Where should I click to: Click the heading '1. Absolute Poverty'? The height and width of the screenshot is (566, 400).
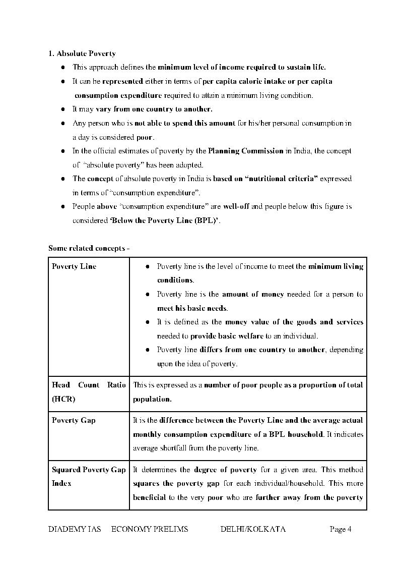click(x=82, y=53)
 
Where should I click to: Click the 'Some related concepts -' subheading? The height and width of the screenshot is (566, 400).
click(x=89, y=248)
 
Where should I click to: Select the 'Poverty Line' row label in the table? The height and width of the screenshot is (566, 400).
click(x=74, y=266)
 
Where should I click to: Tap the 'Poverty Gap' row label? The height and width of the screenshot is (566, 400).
click(x=74, y=420)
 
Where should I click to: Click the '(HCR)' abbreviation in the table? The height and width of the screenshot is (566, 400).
click(x=63, y=399)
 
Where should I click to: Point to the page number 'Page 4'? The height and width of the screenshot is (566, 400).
click(x=340, y=529)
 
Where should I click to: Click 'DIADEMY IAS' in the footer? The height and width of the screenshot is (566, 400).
click(x=75, y=529)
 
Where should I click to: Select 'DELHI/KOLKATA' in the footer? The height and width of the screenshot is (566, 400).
click(x=253, y=529)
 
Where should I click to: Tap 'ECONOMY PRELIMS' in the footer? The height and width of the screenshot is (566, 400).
click(x=150, y=529)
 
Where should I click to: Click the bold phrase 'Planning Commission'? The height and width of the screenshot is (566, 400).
click(x=246, y=151)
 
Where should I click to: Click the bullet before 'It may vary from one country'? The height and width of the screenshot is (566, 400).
click(x=63, y=109)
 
